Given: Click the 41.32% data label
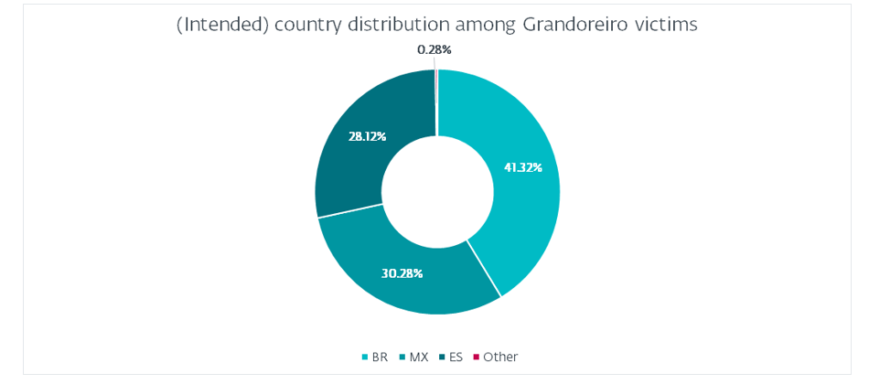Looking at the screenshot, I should pyautogui.click(x=523, y=167).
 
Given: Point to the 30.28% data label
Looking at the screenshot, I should pyautogui.click(x=402, y=273).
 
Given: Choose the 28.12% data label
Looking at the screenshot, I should pyautogui.click(x=367, y=136).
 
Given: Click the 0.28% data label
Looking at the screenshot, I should pyautogui.click(x=434, y=49).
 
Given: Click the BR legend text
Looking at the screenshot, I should pyautogui.click(x=380, y=357).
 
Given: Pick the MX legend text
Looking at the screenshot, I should pyautogui.click(x=419, y=357).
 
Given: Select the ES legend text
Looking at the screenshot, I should pyautogui.click(x=456, y=357).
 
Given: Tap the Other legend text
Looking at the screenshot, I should pyautogui.click(x=500, y=357).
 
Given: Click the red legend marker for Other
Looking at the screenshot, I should pyautogui.click(x=476, y=357).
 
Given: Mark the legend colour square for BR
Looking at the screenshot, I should pyautogui.click(x=366, y=357).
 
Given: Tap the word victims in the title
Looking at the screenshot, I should pyautogui.click(x=669, y=26).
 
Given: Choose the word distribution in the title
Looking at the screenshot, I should pyautogui.click(x=391, y=26).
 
